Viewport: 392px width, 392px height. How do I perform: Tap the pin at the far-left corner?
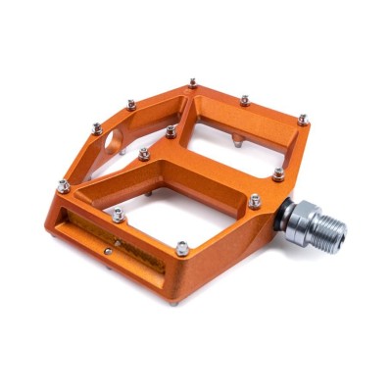pyautogui.click(x=63, y=184)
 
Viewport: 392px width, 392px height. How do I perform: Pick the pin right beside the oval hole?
pyautogui.click(x=95, y=127)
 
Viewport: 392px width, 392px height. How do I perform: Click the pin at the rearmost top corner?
pyautogui.click(x=193, y=84)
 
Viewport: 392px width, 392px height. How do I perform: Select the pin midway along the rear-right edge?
pyautogui.click(x=245, y=99)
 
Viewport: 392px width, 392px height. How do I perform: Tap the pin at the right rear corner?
pyautogui.click(x=303, y=119)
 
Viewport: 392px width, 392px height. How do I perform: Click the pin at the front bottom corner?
pyautogui.click(x=181, y=250)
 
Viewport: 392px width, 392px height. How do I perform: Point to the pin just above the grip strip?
pyautogui.click(x=118, y=213)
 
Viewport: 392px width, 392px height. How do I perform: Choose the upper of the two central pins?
pyautogui.click(x=171, y=129)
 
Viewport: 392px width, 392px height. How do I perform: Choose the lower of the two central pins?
pyautogui.click(x=144, y=153)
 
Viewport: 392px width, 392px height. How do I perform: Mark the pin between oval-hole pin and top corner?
pyautogui.click(x=131, y=103)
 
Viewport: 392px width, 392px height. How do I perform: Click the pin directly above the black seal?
pyautogui.click(x=279, y=173)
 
